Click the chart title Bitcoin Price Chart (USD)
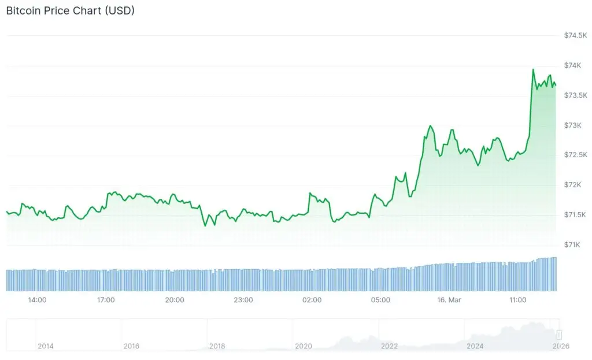(x=70, y=11)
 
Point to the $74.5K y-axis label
(x=576, y=36)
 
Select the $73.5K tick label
(x=576, y=95)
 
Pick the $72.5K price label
(x=576, y=155)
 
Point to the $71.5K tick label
(x=576, y=215)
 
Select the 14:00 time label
(x=37, y=300)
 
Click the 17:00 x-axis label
(x=106, y=300)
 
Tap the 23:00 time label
(x=243, y=300)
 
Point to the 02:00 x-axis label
(x=312, y=300)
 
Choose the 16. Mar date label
(x=449, y=300)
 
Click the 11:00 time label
(x=518, y=300)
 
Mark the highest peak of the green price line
(x=533, y=69)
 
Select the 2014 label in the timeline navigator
(x=46, y=346)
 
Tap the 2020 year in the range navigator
(x=304, y=346)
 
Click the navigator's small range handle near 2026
(x=559, y=335)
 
